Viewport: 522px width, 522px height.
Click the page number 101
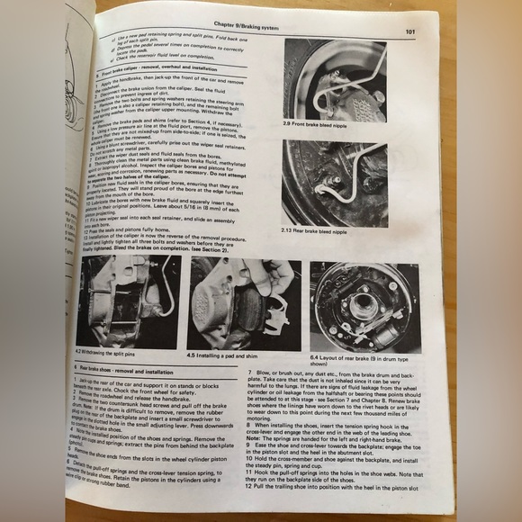click(409, 33)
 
